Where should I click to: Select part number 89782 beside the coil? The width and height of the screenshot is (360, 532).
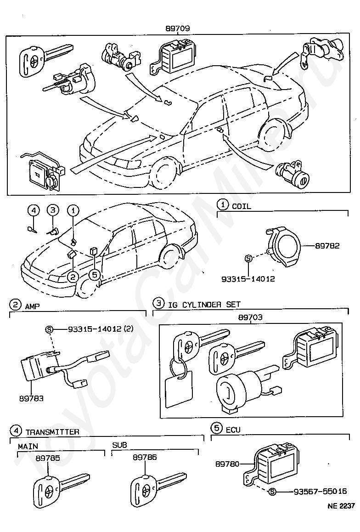coord(327,246)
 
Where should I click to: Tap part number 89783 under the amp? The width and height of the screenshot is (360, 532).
coord(31,398)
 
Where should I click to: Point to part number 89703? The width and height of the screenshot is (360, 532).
coord(251,317)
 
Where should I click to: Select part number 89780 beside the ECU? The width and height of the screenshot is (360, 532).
coord(227,464)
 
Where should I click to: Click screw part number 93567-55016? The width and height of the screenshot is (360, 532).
coord(321,491)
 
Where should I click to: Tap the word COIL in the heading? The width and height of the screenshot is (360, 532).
coord(242,206)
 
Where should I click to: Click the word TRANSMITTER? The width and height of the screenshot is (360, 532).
coord(52,432)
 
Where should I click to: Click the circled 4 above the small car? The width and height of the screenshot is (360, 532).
coord(33,210)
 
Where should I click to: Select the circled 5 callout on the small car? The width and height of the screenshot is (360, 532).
coord(94,275)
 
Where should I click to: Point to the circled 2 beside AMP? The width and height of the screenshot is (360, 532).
coord(15,305)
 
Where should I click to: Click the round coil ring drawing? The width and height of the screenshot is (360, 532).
coord(284,246)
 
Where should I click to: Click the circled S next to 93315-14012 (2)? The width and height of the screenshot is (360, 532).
coord(49,329)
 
